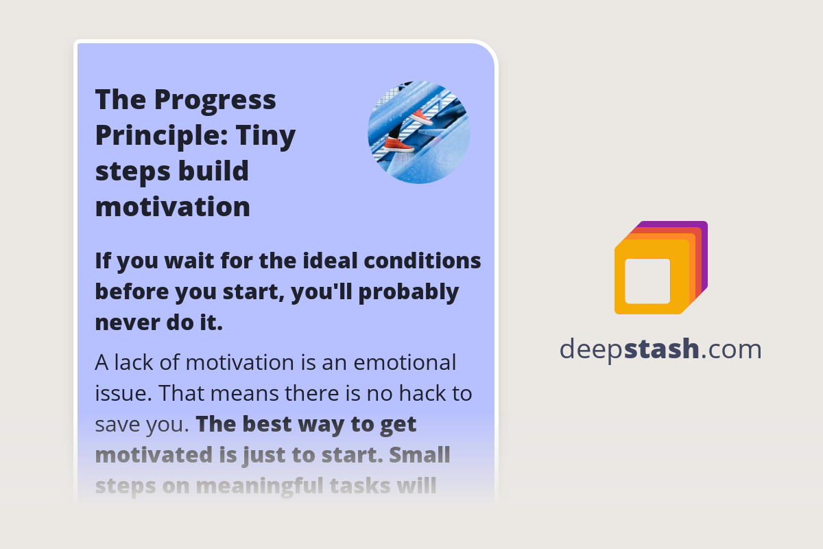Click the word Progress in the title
[x=215, y=100]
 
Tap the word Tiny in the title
[x=265, y=135]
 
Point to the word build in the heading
[x=213, y=171]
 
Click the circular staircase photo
[x=419, y=132]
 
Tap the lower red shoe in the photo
[x=398, y=144]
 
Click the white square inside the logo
[x=647, y=281]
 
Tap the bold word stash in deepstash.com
[x=662, y=349]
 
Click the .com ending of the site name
[x=731, y=349]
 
